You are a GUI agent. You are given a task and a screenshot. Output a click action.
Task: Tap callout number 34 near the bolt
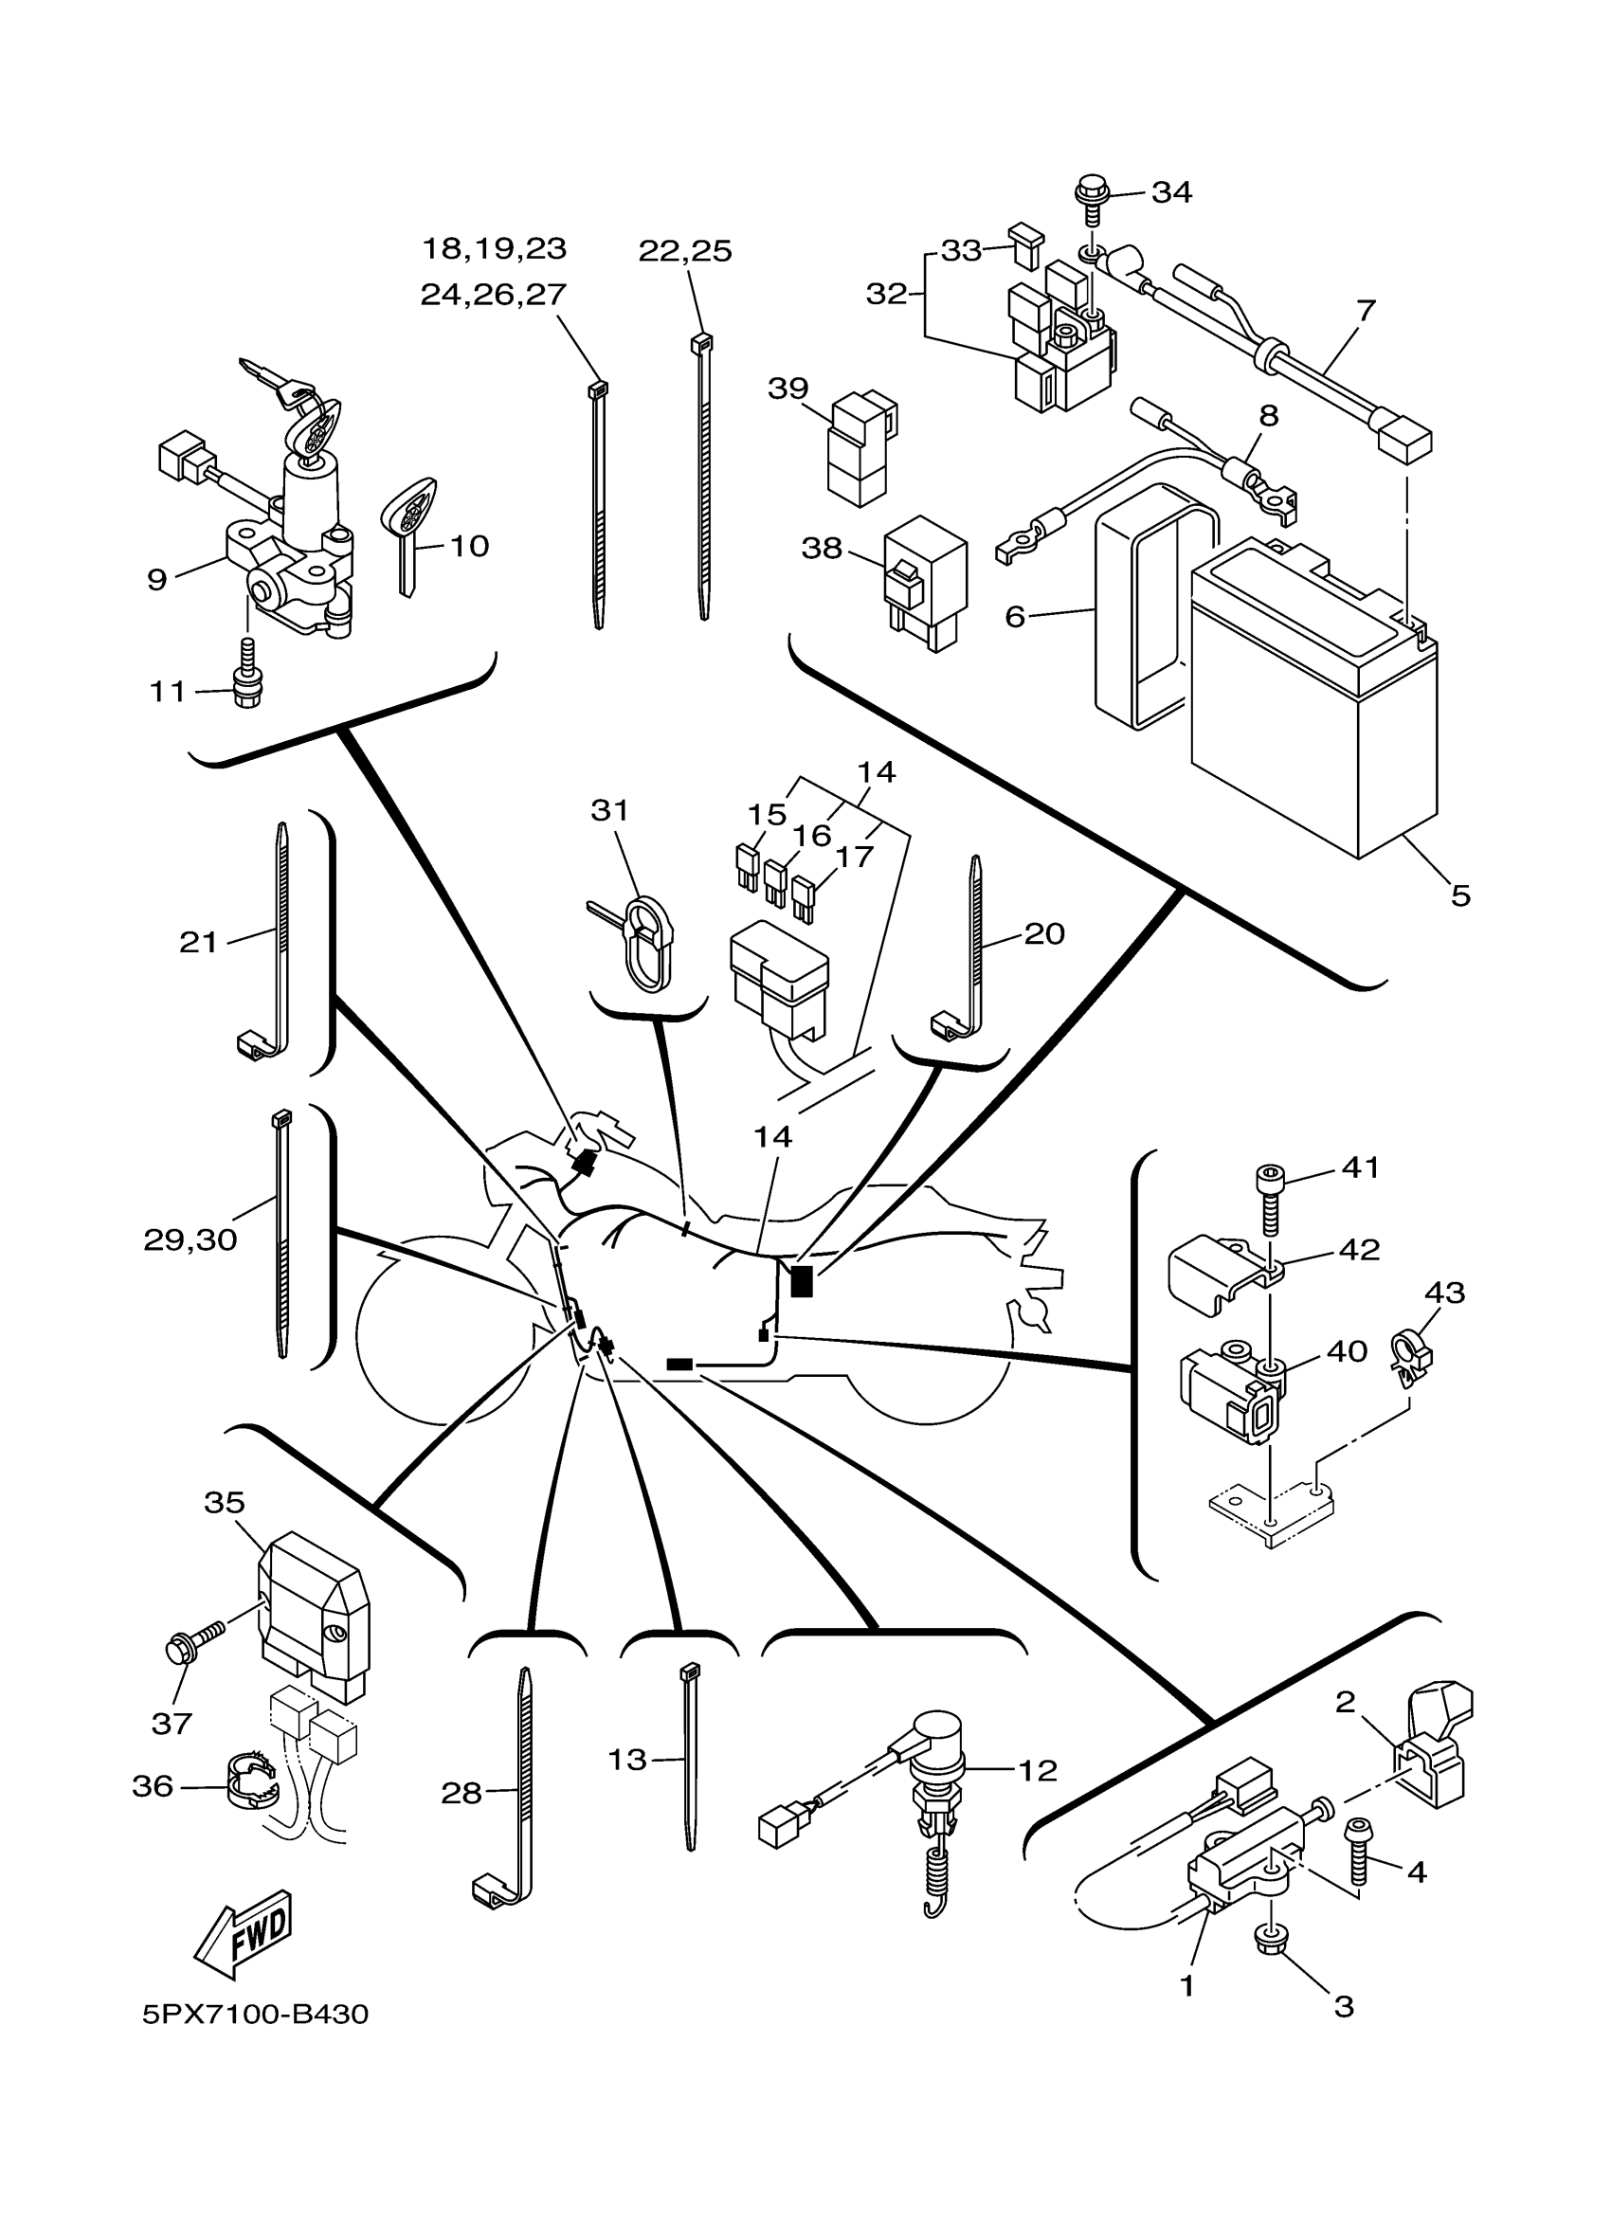pyautogui.click(x=1171, y=192)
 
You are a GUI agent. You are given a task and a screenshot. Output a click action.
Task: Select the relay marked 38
pyautogui.click(x=925, y=587)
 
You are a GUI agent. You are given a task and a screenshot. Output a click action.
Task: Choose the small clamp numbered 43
pyautogui.click(x=1410, y=1357)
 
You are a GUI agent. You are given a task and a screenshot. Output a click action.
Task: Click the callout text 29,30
pyautogui.click(x=190, y=1240)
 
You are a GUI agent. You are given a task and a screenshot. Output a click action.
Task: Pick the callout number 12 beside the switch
pyautogui.click(x=1039, y=1770)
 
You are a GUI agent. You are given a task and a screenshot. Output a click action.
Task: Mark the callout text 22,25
pyautogui.click(x=685, y=251)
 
